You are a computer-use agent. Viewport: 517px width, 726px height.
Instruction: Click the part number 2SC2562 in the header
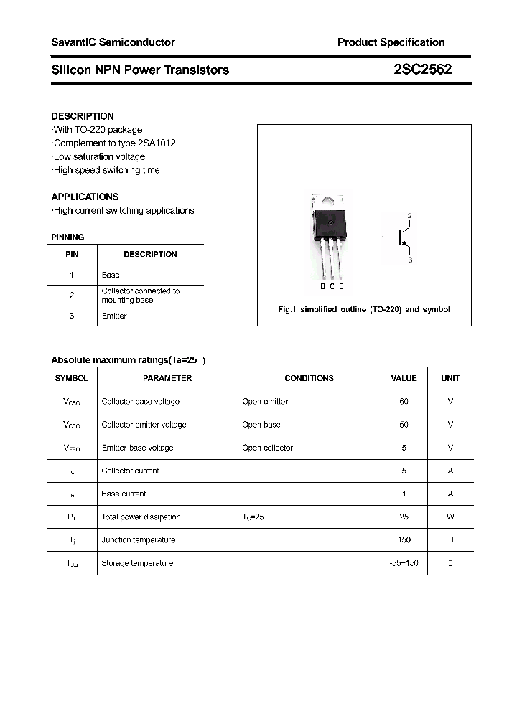coord(422,70)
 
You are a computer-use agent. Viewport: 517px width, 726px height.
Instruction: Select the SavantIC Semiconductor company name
coord(113,42)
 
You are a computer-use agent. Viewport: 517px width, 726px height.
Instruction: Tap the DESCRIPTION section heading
coord(83,116)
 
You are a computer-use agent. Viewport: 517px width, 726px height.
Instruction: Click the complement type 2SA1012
coord(157,143)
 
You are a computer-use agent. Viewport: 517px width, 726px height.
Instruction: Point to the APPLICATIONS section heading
coord(85,197)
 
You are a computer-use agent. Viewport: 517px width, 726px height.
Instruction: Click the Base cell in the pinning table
coord(111,275)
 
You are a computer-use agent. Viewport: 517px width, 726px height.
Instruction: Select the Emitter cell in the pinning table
coord(114,316)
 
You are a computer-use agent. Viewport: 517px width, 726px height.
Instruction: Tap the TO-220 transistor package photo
coord(330,237)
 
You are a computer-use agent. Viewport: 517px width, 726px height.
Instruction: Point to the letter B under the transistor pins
coord(323,286)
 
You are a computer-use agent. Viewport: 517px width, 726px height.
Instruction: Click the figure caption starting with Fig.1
coord(364,309)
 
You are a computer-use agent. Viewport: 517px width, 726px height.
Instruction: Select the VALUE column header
coord(404,378)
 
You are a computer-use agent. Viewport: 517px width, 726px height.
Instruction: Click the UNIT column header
coord(450,378)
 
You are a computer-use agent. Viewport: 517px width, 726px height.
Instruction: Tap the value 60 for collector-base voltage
coord(404,402)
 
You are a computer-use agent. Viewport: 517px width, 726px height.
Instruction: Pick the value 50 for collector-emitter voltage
coord(404,425)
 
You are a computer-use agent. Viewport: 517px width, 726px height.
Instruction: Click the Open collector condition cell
coord(267,448)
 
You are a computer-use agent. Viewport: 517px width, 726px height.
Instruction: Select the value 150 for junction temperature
coord(404,540)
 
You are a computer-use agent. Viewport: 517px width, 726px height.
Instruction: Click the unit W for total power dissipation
coord(450,517)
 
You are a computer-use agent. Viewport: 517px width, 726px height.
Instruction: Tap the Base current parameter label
coord(124,494)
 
